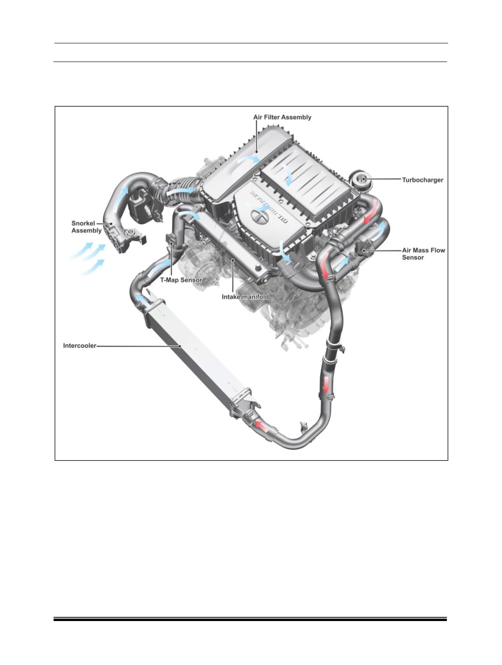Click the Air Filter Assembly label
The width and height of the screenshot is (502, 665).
282,117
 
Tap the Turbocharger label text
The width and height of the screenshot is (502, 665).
423,180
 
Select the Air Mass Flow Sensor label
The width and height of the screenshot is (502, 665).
424,254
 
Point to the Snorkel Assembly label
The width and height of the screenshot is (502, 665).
86,227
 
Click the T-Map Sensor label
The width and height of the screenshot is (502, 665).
181,280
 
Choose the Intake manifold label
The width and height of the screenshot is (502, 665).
245,297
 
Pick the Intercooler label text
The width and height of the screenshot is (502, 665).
79,346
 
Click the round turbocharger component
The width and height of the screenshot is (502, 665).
361,180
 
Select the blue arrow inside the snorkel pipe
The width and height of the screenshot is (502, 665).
121,198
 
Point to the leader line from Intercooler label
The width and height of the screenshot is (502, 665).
139,346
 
